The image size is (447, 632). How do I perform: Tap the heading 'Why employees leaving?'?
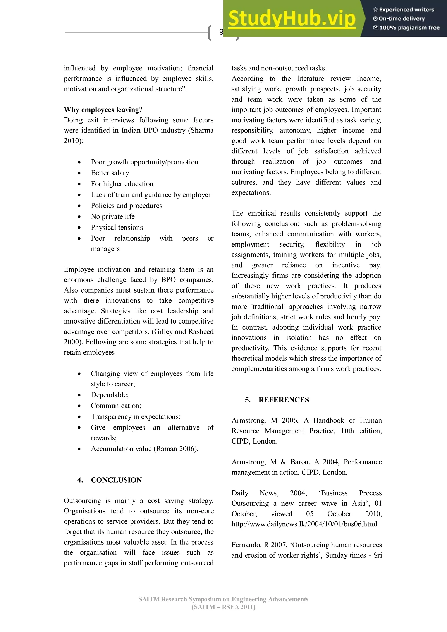[103, 110]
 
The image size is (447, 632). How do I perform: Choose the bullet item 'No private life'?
[113, 216]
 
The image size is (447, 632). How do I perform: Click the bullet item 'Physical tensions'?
[117, 227]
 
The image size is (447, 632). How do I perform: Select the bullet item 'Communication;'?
[116, 406]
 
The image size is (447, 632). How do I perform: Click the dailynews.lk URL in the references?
[304, 524]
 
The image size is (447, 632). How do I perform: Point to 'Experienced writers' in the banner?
[406, 10]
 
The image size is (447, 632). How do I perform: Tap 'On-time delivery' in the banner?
[402, 19]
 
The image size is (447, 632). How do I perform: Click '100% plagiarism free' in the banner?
[409, 27]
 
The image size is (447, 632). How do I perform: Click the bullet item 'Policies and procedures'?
[126, 206]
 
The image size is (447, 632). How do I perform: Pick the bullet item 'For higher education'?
[122, 184]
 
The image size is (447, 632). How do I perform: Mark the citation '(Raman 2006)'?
[175, 449]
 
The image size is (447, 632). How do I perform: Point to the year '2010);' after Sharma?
[74, 141]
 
